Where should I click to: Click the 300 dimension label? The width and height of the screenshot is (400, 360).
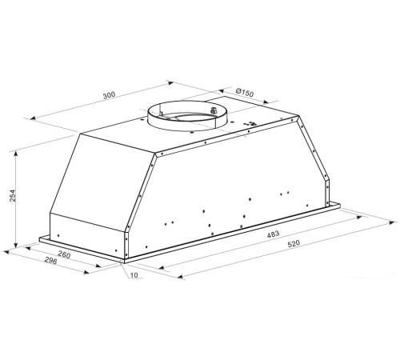[x=109, y=95]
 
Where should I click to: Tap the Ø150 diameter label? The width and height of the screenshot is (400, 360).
[x=245, y=92]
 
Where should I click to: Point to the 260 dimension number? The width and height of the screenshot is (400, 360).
[x=64, y=255]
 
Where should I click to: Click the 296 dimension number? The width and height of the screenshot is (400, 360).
[x=50, y=261]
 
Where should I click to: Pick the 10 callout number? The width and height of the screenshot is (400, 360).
[x=134, y=275]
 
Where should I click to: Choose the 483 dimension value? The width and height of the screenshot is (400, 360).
[x=273, y=234]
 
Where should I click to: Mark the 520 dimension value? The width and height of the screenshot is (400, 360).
[x=294, y=243]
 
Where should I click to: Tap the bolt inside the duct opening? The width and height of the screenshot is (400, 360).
[x=214, y=110]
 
